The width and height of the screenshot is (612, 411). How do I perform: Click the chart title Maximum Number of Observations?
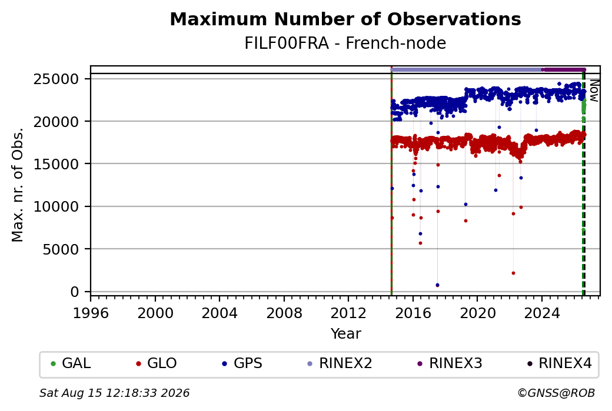[x=345, y=19]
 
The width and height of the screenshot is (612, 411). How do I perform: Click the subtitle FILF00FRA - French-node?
[x=345, y=43]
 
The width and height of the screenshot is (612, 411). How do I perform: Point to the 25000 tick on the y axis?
[x=56, y=79]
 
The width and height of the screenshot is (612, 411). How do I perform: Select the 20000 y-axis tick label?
[x=56, y=122]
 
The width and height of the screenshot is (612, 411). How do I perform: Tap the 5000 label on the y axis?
[x=61, y=249]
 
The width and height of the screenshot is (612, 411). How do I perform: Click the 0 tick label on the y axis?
[x=75, y=292]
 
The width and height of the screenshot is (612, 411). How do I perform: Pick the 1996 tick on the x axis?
[x=91, y=313]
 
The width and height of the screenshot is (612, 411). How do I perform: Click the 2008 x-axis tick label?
[x=284, y=313]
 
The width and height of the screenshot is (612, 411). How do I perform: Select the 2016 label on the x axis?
[x=413, y=313]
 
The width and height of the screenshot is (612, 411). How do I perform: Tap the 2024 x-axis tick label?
[x=542, y=313]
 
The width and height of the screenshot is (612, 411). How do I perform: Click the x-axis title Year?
[x=346, y=334]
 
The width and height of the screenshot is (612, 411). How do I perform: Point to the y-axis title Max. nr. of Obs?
[x=18, y=185]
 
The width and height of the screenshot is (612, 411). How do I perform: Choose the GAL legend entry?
[x=71, y=363]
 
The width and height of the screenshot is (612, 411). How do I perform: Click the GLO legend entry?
[x=157, y=363]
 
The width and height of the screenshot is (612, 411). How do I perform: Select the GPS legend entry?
[x=242, y=363]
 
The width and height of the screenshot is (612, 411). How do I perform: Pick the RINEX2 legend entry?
[x=340, y=363]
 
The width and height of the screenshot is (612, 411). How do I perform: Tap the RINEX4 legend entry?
[x=559, y=363]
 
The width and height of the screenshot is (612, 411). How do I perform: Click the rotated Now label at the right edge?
[x=594, y=91]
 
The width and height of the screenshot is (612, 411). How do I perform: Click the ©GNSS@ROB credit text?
[x=556, y=393]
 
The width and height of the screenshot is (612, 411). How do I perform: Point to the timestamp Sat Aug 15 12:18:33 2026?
[x=115, y=393]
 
